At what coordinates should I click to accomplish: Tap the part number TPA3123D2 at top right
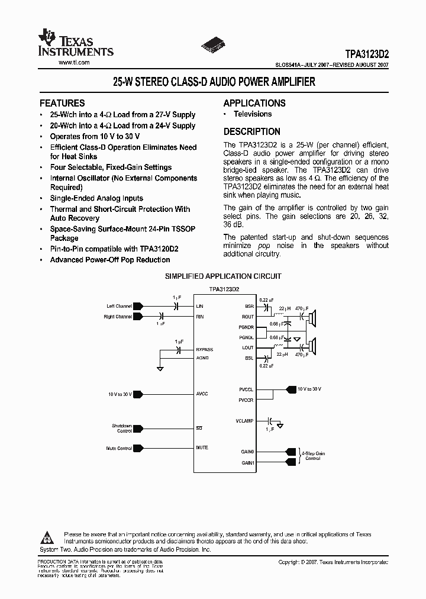point(367,53)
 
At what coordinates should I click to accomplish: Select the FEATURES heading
point(62,103)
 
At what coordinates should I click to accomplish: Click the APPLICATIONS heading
point(254,103)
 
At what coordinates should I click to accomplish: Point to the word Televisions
point(253,114)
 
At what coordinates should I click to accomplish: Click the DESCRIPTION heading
point(252,132)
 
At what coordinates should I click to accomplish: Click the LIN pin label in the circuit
point(200,307)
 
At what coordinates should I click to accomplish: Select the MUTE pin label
point(202,447)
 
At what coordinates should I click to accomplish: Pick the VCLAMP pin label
point(245,421)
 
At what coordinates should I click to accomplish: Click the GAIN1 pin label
point(247,462)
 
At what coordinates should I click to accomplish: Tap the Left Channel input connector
point(138,307)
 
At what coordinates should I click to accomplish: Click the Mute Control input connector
point(138,449)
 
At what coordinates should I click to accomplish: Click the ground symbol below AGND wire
point(160,368)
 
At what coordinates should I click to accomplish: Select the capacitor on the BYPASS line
point(179,350)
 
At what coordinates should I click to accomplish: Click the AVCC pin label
point(202,394)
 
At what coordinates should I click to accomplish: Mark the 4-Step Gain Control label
point(312,455)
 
